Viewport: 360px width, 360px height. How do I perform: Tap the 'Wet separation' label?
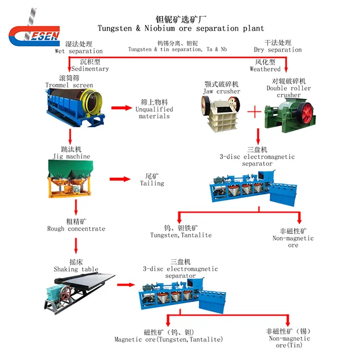pyautogui.click(x=79, y=51)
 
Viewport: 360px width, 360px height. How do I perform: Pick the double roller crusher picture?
pyautogui.click(x=289, y=112)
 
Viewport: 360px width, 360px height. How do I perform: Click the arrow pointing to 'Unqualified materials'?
pyautogui.click(x=121, y=107)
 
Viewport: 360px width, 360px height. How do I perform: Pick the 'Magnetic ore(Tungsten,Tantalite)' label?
pyautogui.click(x=169, y=339)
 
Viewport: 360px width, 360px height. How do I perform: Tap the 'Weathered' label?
pyautogui.click(x=265, y=69)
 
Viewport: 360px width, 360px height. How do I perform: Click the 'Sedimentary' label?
pyautogui.click(x=90, y=69)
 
